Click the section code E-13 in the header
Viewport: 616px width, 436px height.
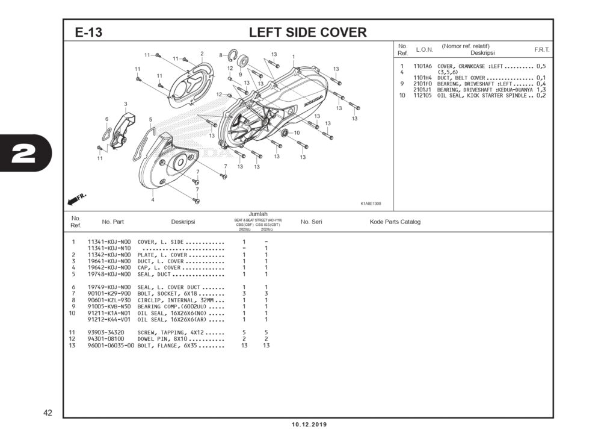tap(88, 33)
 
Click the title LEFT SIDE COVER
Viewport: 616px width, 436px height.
tap(307, 33)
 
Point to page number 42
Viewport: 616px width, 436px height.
tap(48, 413)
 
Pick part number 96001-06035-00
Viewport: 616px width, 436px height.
tap(111, 346)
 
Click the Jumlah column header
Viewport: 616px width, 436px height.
tap(257, 214)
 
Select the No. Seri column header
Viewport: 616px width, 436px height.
tap(311, 222)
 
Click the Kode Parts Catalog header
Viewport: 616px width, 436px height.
tap(395, 222)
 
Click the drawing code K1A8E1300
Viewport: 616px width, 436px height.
tap(370, 204)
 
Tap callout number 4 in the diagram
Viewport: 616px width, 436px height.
tap(153, 199)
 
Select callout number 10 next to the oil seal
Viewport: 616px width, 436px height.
tap(297, 132)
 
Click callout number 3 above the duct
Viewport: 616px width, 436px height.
tap(126, 104)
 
